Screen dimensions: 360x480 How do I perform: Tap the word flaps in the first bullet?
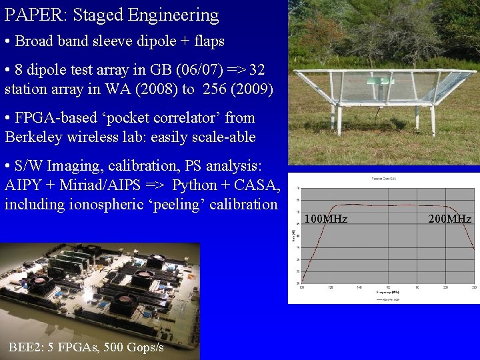point(207,41)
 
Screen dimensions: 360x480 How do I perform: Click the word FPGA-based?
point(59,118)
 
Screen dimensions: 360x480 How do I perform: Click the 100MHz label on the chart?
point(325,219)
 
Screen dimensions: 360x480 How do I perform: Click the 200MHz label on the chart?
point(450,219)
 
